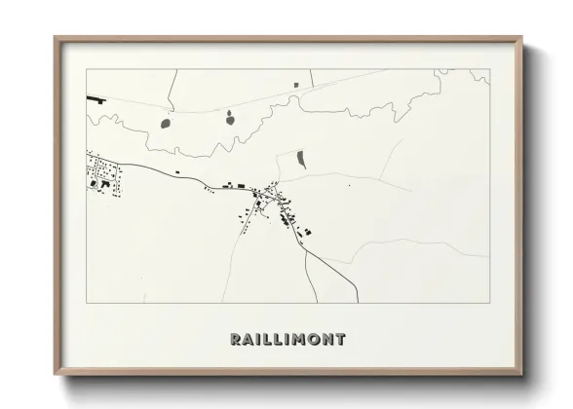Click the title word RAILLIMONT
tap(287, 340)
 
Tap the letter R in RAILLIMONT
tap(236, 340)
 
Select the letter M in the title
tap(292, 340)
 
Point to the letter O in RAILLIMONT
tap(309, 340)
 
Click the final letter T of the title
tap(339, 340)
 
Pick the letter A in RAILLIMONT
tap(248, 340)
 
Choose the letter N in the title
tap(325, 340)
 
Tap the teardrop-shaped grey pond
tap(229, 120)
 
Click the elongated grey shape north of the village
tap(300, 159)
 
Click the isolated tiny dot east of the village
tap(348, 185)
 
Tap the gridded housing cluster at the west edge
tap(104, 173)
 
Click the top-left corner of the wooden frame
tap(56, 38)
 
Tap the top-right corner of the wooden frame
tap(523, 38)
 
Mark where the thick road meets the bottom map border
tap(358, 303)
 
